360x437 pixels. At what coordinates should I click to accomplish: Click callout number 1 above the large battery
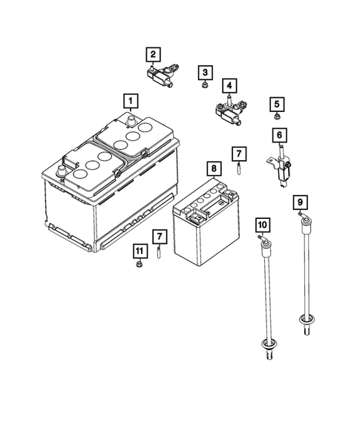pyautogui.click(x=130, y=100)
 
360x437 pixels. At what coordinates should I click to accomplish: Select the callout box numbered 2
pyautogui.click(x=152, y=53)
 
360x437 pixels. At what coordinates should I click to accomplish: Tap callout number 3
pyautogui.click(x=204, y=72)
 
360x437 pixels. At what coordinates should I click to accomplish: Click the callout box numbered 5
pyautogui.click(x=276, y=104)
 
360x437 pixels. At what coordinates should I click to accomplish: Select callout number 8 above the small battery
pyautogui.click(x=213, y=169)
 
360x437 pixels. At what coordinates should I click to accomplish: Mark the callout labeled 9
pyautogui.click(x=301, y=201)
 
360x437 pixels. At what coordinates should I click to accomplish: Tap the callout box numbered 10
pyautogui.click(x=261, y=223)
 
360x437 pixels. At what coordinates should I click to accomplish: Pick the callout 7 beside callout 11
pyautogui.click(x=158, y=236)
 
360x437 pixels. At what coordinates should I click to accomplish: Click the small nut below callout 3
pyautogui.click(x=204, y=88)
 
